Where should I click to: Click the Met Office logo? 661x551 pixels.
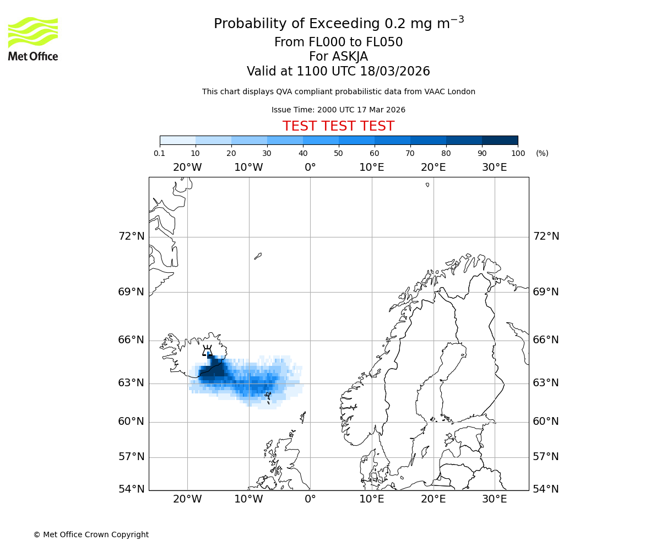point(33,39)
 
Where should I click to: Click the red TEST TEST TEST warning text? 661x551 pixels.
point(338,126)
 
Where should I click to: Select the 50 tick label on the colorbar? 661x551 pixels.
point(339,153)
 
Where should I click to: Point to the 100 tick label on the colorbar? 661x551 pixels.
point(517,153)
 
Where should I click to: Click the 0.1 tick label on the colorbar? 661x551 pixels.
point(160,153)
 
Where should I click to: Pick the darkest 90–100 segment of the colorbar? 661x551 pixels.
point(500,140)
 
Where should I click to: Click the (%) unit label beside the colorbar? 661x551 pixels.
point(542,153)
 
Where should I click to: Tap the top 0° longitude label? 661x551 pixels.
point(310,168)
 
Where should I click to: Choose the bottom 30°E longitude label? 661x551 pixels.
point(494,499)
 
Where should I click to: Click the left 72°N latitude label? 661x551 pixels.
point(132,236)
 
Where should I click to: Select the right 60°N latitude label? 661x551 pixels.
point(546,422)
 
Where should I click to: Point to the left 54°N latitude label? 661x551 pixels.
point(132,489)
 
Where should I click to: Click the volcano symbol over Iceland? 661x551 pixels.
point(207,350)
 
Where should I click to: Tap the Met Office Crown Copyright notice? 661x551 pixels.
point(91,534)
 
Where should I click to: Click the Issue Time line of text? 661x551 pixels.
point(338,110)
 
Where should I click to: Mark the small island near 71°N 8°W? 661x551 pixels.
point(258,256)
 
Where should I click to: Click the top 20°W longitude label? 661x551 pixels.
point(187,168)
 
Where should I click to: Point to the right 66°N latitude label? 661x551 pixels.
point(546,340)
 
